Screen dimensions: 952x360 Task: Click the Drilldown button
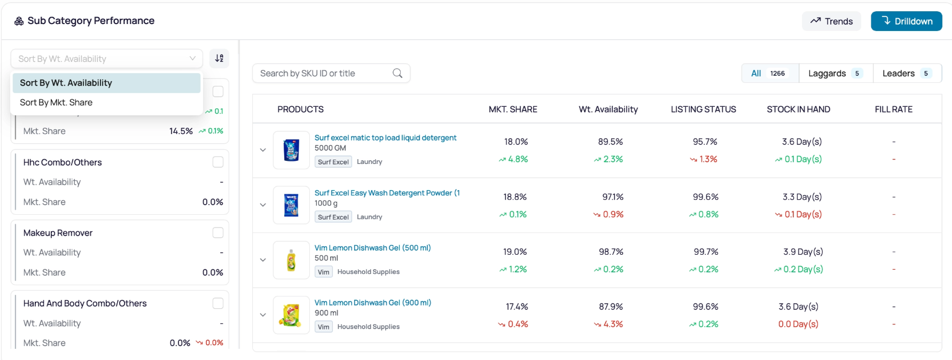pos(906,21)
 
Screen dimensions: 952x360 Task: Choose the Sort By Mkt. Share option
pos(56,103)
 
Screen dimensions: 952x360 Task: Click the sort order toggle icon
pos(219,58)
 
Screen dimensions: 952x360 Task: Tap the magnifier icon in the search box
pos(397,73)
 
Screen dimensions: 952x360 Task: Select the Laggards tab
pos(836,73)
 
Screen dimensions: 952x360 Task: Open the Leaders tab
pos(907,73)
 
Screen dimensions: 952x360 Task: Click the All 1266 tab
pos(770,73)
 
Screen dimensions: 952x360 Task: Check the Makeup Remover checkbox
pos(218,233)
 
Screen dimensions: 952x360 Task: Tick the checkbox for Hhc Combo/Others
pos(218,162)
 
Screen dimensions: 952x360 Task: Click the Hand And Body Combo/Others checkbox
pos(218,303)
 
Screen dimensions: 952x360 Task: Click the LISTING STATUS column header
pos(703,109)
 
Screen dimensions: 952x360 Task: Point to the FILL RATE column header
pos(893,109)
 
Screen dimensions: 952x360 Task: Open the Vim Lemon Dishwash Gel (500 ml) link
pos(372,248)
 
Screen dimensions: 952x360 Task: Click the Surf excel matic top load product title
pos(385,138)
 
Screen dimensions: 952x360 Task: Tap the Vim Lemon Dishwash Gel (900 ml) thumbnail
pos(291,315)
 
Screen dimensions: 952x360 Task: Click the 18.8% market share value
pos(515,197)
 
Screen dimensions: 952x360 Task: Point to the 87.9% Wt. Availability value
pos(611,307)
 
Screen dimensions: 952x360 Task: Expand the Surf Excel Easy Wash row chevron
pos(263,205)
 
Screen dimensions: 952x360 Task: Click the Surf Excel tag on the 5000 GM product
pos(333,162)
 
